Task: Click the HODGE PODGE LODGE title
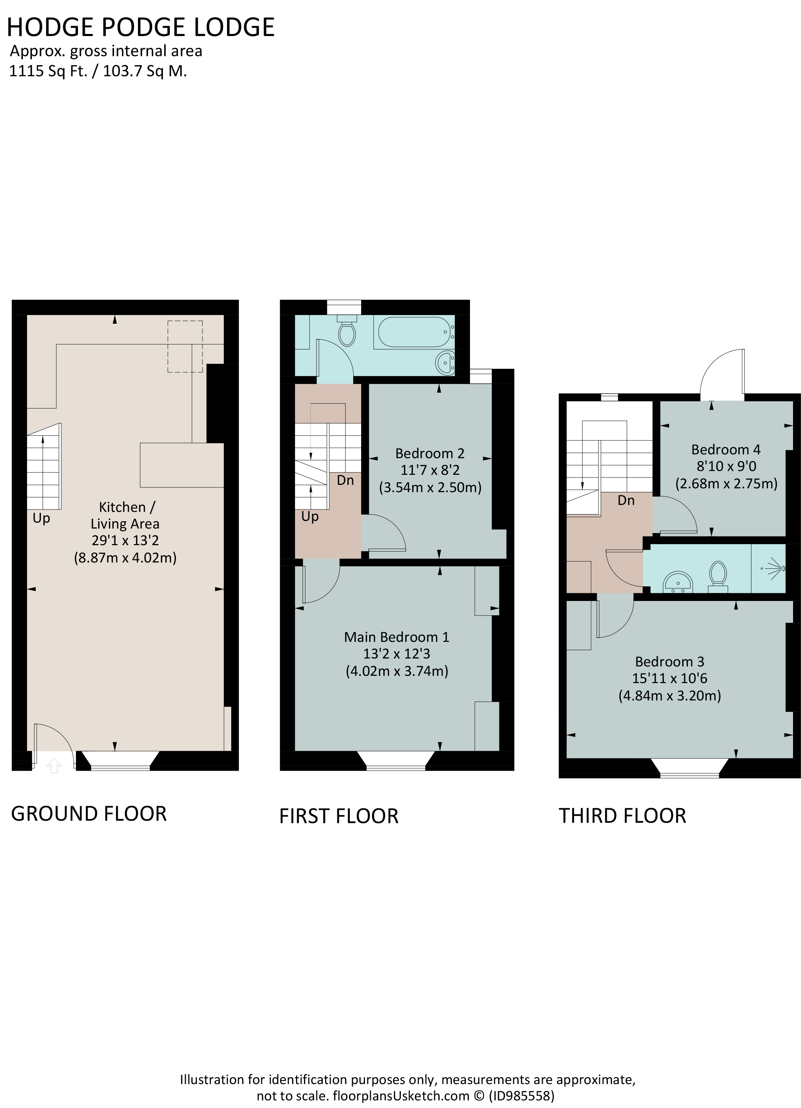(x=141, y=27)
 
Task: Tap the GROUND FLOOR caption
(x=89, y=813)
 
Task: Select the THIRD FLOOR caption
(x=622, y=816)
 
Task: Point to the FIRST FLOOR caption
(x=339, y=816)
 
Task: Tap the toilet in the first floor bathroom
(x=347, y=331)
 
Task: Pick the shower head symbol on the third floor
(x=776, y=568)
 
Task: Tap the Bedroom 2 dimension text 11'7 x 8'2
(x=430, y=470)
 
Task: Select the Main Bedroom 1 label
(x=397, y=637)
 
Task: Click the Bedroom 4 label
(x=726, y=450)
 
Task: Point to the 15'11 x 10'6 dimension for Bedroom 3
(x=670, y=678)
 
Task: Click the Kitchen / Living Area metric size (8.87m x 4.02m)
(x=125, y=557)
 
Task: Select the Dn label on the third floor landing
(x=626, y=500)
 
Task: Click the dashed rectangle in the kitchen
(x=185, y=346)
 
